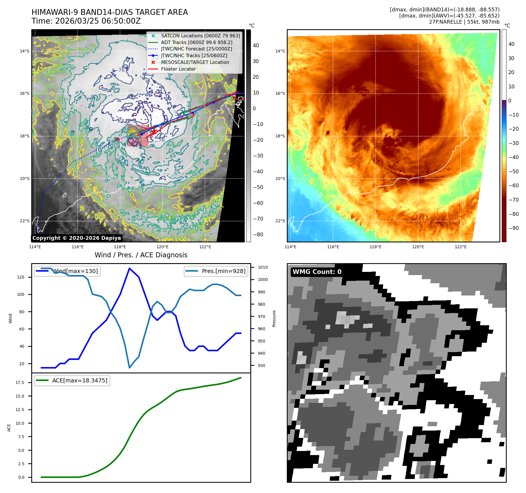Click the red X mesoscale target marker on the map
point(117,139)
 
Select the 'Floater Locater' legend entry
point(178,69)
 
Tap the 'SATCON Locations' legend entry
point(200,36)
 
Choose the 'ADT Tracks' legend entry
point(197,42)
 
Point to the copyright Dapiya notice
point(77,238)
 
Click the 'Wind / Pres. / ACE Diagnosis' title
point(141,255)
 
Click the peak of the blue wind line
point(129,268)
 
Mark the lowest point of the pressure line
point(129,368)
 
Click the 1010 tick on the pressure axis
point(263,267)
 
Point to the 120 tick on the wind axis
point(21,277)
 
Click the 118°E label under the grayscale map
point(120,247)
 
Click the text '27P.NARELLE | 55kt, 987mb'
point(464,22)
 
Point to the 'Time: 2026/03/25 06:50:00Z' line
point(86,21)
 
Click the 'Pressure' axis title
point(274,319)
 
